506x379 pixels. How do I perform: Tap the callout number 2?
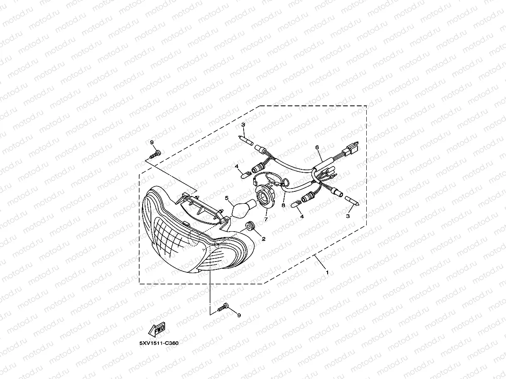263,239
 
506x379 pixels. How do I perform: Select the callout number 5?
227,198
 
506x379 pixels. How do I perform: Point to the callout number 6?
317,147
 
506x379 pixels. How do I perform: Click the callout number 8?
283,205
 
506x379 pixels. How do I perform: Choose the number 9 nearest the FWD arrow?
239,315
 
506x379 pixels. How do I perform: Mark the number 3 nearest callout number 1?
348,216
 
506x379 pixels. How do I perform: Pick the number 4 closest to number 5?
237,166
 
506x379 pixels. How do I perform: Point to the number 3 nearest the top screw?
243,125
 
